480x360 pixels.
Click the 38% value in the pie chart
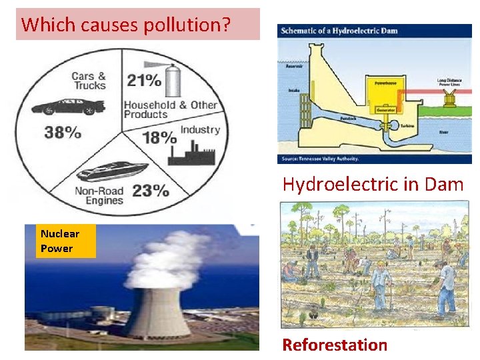pyautogui.click(x=63, y=131)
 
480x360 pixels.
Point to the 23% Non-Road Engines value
pyautogui.click(x=150, y=191)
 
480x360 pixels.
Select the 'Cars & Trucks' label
pyautogui.click(x=89, y=81)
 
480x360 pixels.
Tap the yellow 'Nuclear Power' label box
pyautogui.click(x=60, y=241)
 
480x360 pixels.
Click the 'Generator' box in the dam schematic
pyautogui.click(x=385, y=109)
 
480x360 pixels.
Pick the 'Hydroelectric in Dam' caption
pyautogui.click(x=373, y=184)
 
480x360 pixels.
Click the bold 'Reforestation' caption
pyautogui.click(x=335, y=345)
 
